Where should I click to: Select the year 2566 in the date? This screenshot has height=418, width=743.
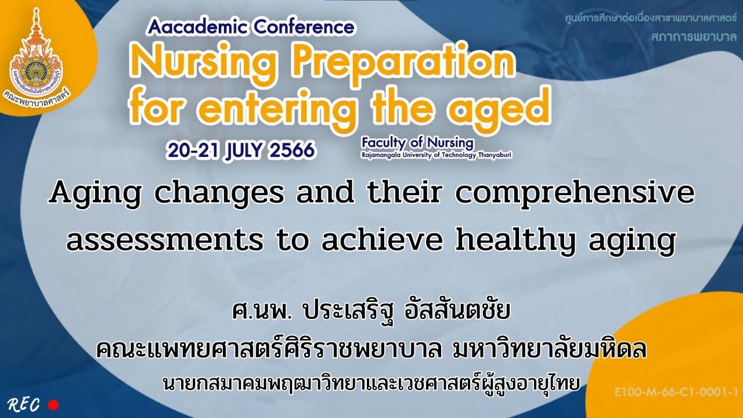[x=292, y=150]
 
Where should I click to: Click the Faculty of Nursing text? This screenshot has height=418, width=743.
[x=417, y=142]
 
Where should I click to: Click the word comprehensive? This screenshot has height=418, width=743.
[x=574, y=193]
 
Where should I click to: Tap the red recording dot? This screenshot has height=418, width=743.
[x=54, y=404]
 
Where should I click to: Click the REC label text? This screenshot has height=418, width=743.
[x=24, y=404]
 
